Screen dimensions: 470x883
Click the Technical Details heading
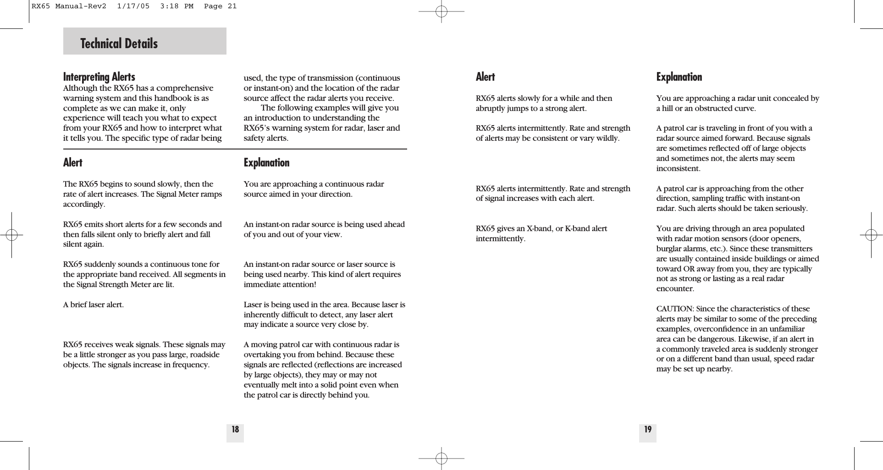pyautogui.click(x=119, y=44)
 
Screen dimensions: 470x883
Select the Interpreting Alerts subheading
pyautogui.click(x=99, y=77)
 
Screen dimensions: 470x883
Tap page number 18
pyautogui.click(x=235, y=430)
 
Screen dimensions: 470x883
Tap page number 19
pyautogui.click(x=648, y=430)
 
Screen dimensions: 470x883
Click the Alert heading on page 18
pyautogui.click(x=73, y=163)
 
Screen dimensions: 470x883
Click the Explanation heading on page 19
pyautogui.click(x=679, y=77)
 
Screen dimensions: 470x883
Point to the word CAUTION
pyautogui.click(x=674, y=309)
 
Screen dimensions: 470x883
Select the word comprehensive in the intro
pyautogui.click(x=188, y=88)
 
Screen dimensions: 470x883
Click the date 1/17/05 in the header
pyautogui.click(x=133, y=6)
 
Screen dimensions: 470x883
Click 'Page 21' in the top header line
pyautogui.click(x=220, y=6)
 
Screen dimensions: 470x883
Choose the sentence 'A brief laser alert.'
pyautogui.click(x=94, y=304)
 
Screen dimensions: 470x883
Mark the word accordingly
pyautogui.click(x=84, y=205)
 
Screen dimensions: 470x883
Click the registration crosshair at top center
pyautogui.click(x=441, y=11)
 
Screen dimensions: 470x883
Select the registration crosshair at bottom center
pyautogui.click(x=441, y=458)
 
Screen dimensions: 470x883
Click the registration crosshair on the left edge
pyautogui.click(x=12, y=235)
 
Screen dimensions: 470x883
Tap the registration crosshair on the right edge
pyautogui.click(x=871, y=235)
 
